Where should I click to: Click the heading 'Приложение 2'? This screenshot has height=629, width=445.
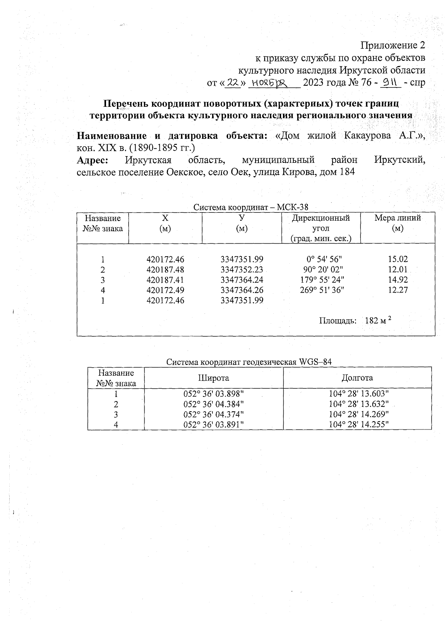pyautogui.click(x=392, y=46)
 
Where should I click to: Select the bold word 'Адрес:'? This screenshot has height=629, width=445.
pyautogui.click(x=92, y=160)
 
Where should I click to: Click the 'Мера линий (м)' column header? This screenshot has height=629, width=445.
pyautogui.click(x=398, y=223)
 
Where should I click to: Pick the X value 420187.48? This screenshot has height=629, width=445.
pyautogui.click(x=165, y=270)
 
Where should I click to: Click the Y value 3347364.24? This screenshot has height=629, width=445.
pyautogui.click(x=242, y=280)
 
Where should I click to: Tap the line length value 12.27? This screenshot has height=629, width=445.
pyautogui.click(x=398, y=290)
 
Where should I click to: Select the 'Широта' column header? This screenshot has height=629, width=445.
pyautogui.click(x=214, y=378)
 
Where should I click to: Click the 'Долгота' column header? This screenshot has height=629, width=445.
pyautogui.click(x=357, y=378)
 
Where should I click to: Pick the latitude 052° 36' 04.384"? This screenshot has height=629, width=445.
pyautogui.click(x=214, y=404)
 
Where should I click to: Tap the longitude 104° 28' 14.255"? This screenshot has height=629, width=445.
pyautogui.click(x=359, y=425)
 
